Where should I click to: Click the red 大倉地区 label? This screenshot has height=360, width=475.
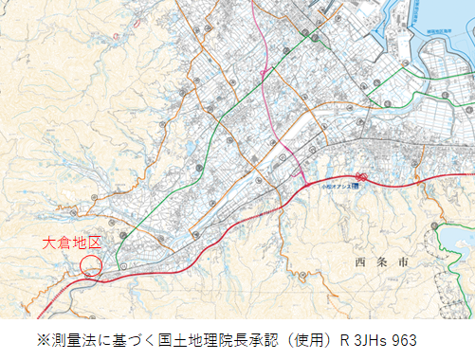(72, 243)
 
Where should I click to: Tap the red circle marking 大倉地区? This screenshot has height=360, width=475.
(91, 265)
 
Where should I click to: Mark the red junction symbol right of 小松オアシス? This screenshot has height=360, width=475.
(361, 176)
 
